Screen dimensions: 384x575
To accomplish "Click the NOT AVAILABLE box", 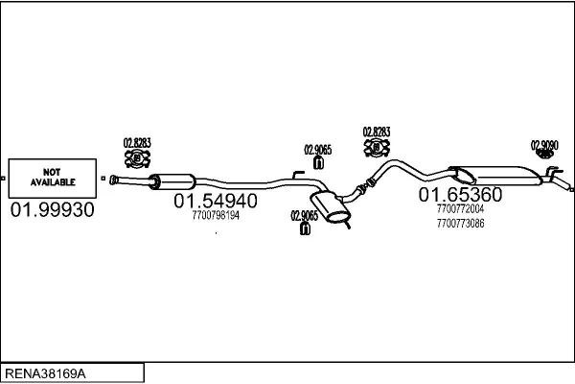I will coord(54,177).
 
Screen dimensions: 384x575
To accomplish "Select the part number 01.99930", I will coord(53,210).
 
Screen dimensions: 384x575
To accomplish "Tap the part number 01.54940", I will coord(215,203).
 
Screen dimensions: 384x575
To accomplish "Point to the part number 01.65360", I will coord(460,195).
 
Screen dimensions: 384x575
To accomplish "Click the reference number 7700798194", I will coord(216,216).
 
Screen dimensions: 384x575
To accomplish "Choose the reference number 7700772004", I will coord(459,208).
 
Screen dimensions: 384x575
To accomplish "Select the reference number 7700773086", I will coord(459,223).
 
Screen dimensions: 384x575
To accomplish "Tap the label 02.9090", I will coord(543,145).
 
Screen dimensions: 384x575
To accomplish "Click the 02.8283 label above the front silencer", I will coord(137,142).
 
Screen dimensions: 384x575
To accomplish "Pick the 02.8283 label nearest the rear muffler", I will coord(376,132).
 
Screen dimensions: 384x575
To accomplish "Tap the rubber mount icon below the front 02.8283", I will coord(136,157).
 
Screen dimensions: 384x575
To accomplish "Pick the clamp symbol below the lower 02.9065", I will coord(304,230).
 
